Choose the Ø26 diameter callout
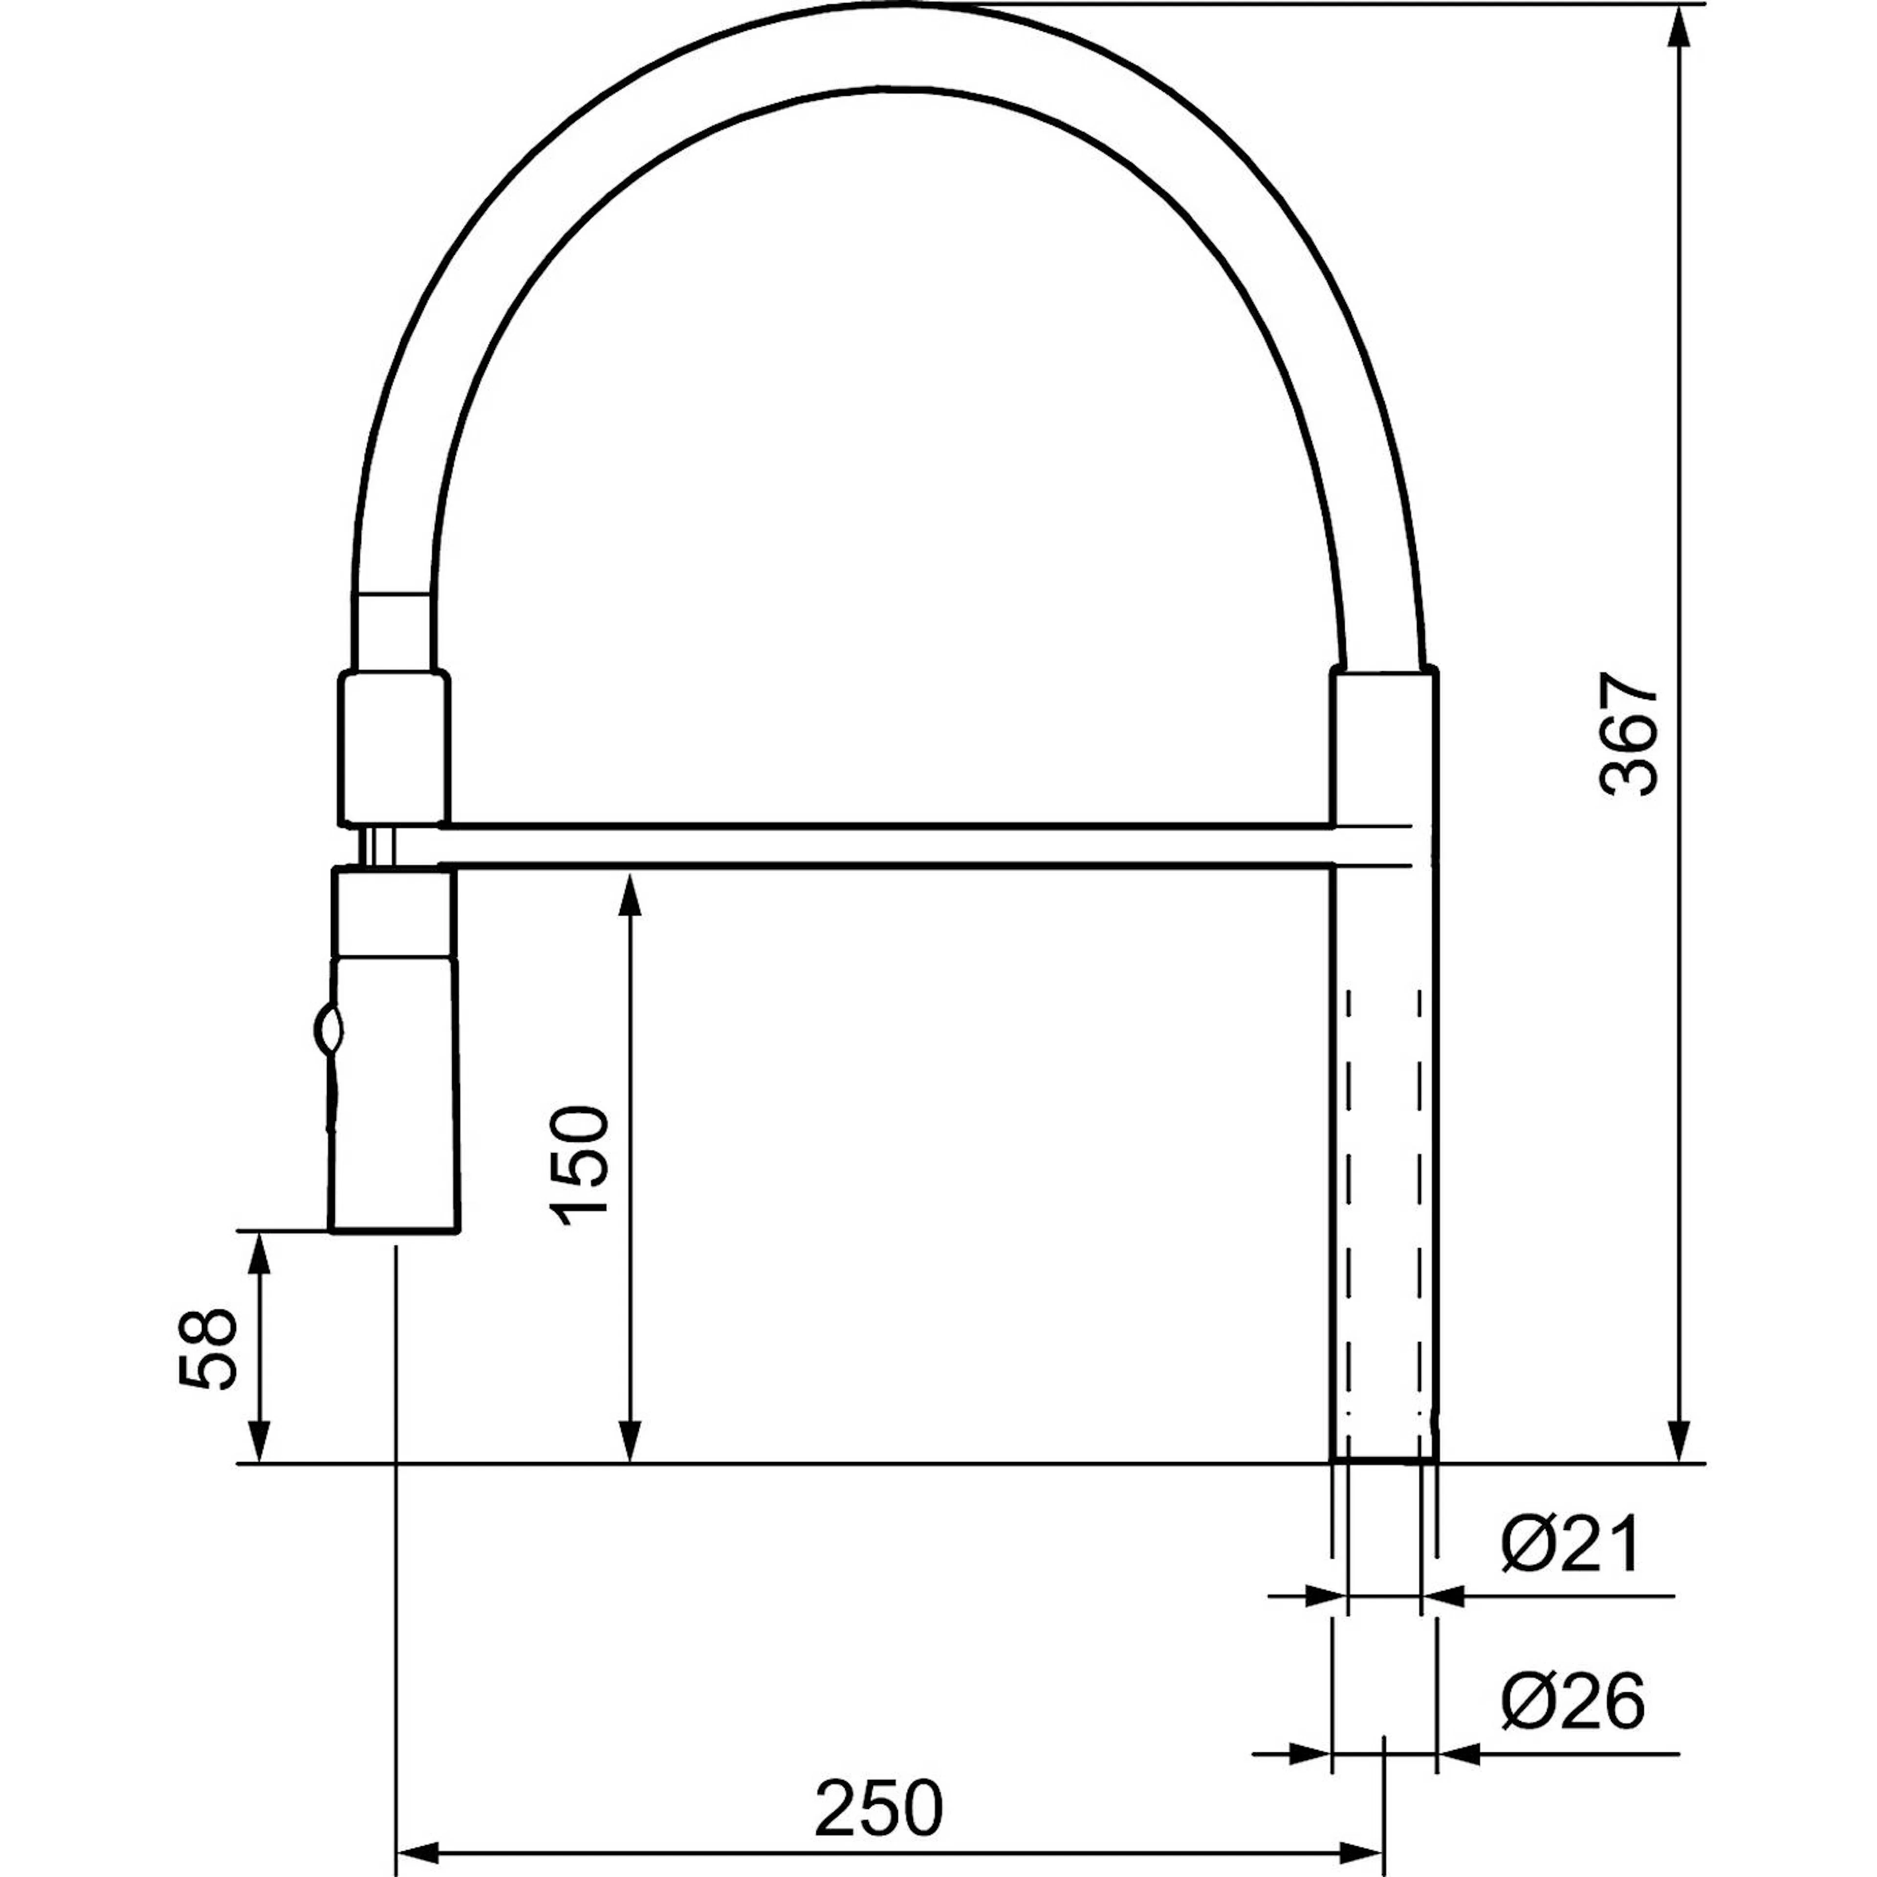click(1572, 1700)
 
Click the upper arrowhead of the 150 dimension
click(631, 894)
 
